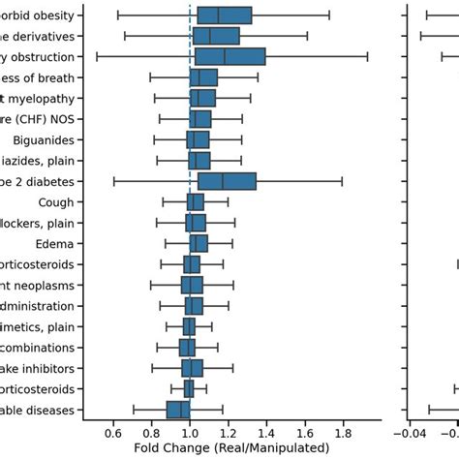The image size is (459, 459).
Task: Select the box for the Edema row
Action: [199, 243]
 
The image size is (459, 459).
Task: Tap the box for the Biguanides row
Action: [199, 139]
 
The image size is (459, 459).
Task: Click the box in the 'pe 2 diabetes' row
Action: [227, 181]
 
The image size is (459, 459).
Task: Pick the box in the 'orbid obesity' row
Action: [225, 15]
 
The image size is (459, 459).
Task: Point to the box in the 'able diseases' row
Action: [179, 410]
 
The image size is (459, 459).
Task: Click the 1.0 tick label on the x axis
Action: [190, 434]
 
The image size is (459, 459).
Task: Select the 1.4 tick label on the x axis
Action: [267, 434]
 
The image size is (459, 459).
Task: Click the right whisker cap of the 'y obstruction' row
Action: [367, 56]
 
